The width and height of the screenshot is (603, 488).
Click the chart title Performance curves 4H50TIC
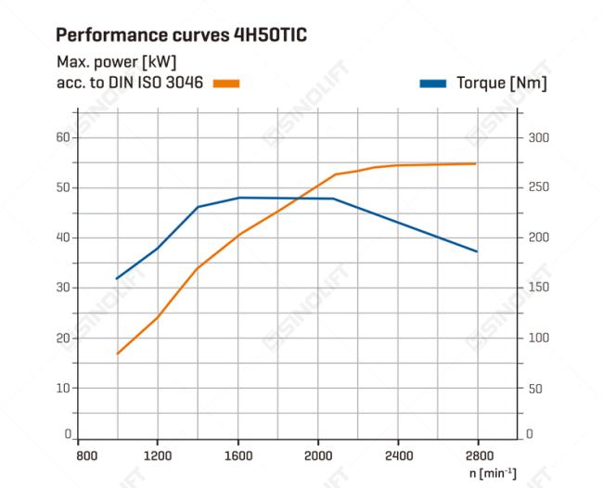pos(181,35)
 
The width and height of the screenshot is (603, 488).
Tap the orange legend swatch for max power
pos(225,83)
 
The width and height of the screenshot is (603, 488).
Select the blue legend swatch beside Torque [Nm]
pos(433,83)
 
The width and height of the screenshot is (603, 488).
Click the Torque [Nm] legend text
pos(501,83)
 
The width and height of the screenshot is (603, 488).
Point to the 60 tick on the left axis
pos(64,137)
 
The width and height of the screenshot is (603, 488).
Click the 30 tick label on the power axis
pos(64,288)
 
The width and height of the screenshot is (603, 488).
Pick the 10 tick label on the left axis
pos(64,388)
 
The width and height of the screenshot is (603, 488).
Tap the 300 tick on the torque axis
pos(538,137)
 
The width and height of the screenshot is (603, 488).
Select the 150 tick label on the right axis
pos(538,288)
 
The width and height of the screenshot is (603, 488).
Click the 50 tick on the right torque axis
pos(535,388)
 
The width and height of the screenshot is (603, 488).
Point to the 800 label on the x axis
pos(86,456)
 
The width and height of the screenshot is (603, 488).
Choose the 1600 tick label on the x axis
pos(238,456)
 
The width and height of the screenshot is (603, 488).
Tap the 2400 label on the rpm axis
pos(399,456)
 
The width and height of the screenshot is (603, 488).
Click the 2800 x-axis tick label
pos(479,456)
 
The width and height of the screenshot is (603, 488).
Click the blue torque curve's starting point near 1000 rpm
pos(117,278)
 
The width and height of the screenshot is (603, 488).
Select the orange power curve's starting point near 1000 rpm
pos(117,353)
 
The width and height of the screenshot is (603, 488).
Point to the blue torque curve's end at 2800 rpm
pos(478,251)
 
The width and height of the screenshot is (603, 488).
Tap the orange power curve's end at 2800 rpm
pos(476,163)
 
